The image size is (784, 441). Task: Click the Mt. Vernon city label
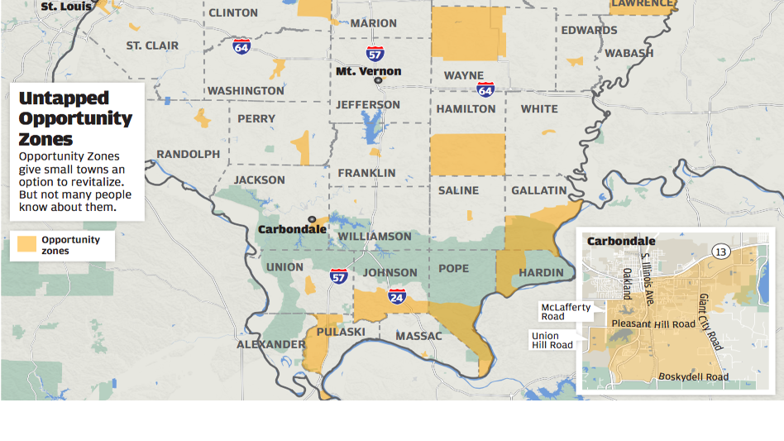coord(368,71)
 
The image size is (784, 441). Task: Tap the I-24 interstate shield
coord(397,295)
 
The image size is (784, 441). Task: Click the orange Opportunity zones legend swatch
coord(27,245)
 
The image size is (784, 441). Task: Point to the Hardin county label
coord(541,273)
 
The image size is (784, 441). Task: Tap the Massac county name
coord(419,336)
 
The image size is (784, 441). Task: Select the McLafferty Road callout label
coord(566,312)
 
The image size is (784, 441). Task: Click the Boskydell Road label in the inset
coord(693,377)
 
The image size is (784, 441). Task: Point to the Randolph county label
coord(189,154)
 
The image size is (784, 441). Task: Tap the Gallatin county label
coord(539,190)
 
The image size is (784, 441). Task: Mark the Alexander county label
coord(271,344)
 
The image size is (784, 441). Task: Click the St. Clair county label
coord(152,46)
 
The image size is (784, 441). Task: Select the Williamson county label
coord(375,237)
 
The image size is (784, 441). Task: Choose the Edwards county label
coord(589,31)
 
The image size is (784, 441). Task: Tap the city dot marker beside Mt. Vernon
coord(378,80)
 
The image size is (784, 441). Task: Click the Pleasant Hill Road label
coord(653,324)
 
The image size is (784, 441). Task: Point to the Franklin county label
coord(367,173)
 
